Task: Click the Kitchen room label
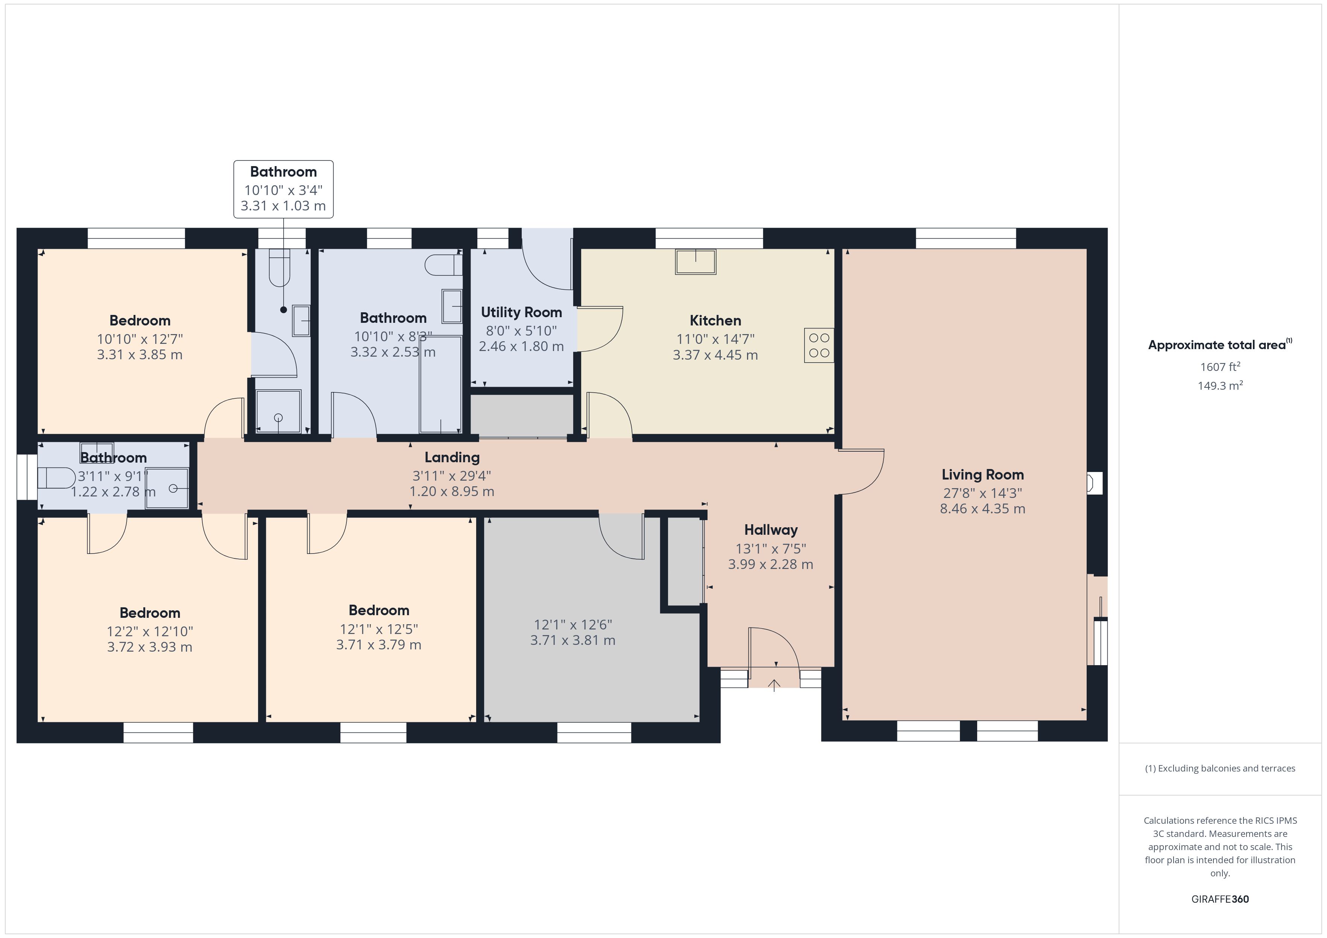point(715,321)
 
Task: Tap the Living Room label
point(982,475)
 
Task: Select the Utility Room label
point(521,312)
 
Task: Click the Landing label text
point(452,457)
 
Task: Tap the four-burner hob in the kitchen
point(819,345)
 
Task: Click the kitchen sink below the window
point(696,262)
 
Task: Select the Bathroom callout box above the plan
point(283,189)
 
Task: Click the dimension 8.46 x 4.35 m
point(982,509)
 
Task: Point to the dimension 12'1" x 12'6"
point(573,625)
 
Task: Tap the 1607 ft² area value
point(1220,367)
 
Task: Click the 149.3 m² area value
point(1220,385)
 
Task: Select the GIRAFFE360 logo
point(1220,899)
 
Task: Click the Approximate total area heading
point(1217,345)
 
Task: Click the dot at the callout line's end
point(283,310)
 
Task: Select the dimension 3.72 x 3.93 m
point(150,647)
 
